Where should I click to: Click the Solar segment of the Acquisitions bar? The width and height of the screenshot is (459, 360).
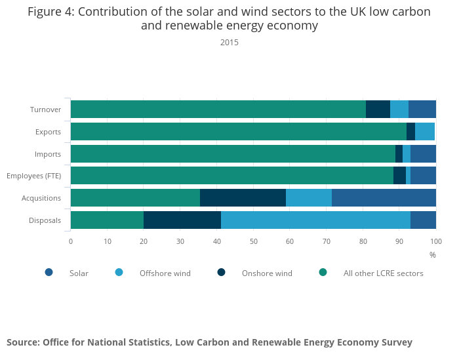pyautogui.click(x=384, y=197)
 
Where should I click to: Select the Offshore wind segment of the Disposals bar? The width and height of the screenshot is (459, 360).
pyautogui.click(x=315, y=220)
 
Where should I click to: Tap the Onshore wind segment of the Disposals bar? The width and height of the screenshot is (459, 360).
pyautogui.click(x=182, y=220)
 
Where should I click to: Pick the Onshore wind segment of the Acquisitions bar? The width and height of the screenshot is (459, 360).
pyautogui.click(x=243, y=197)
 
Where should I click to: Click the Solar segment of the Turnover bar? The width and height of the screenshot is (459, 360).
pyautogui.click(x=422, y=110)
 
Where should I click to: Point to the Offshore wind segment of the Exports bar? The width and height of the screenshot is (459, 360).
pyautogui.click(x=425, y=131)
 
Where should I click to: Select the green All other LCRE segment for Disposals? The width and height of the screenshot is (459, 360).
pyautogui.click(x=107, y=220)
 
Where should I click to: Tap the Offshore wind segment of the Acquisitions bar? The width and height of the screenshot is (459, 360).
pyautogui.click(x=309, y=197)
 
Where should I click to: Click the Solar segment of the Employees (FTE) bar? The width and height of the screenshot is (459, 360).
pyautogui.click(x=423, y=176)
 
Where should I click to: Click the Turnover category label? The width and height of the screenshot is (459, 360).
pyautogui.click(x=46, y=110)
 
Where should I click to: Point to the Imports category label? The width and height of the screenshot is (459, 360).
pyautogui.click(x=48, y=154)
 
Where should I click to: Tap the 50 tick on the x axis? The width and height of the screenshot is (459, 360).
pyautogui.click(x=253, y=241)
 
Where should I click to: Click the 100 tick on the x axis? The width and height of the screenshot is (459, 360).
pyautogui.click(x=436, y=241)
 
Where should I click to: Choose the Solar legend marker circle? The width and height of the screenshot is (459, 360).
pyautogui.click(x=49, y=273)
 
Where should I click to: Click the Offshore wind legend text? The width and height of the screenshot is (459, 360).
pyautogui.click(x=165, y=273)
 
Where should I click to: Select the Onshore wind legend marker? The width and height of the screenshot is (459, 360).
pyautogui.click(x=221, y=273)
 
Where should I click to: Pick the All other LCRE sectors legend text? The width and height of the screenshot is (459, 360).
pyautogui.click(x=383, y=273)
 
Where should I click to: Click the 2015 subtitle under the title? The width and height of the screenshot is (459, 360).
pyautogui.click(x=229, y=43)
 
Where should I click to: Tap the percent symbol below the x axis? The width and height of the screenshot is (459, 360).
pyautogui.click(x=433, y=254)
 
